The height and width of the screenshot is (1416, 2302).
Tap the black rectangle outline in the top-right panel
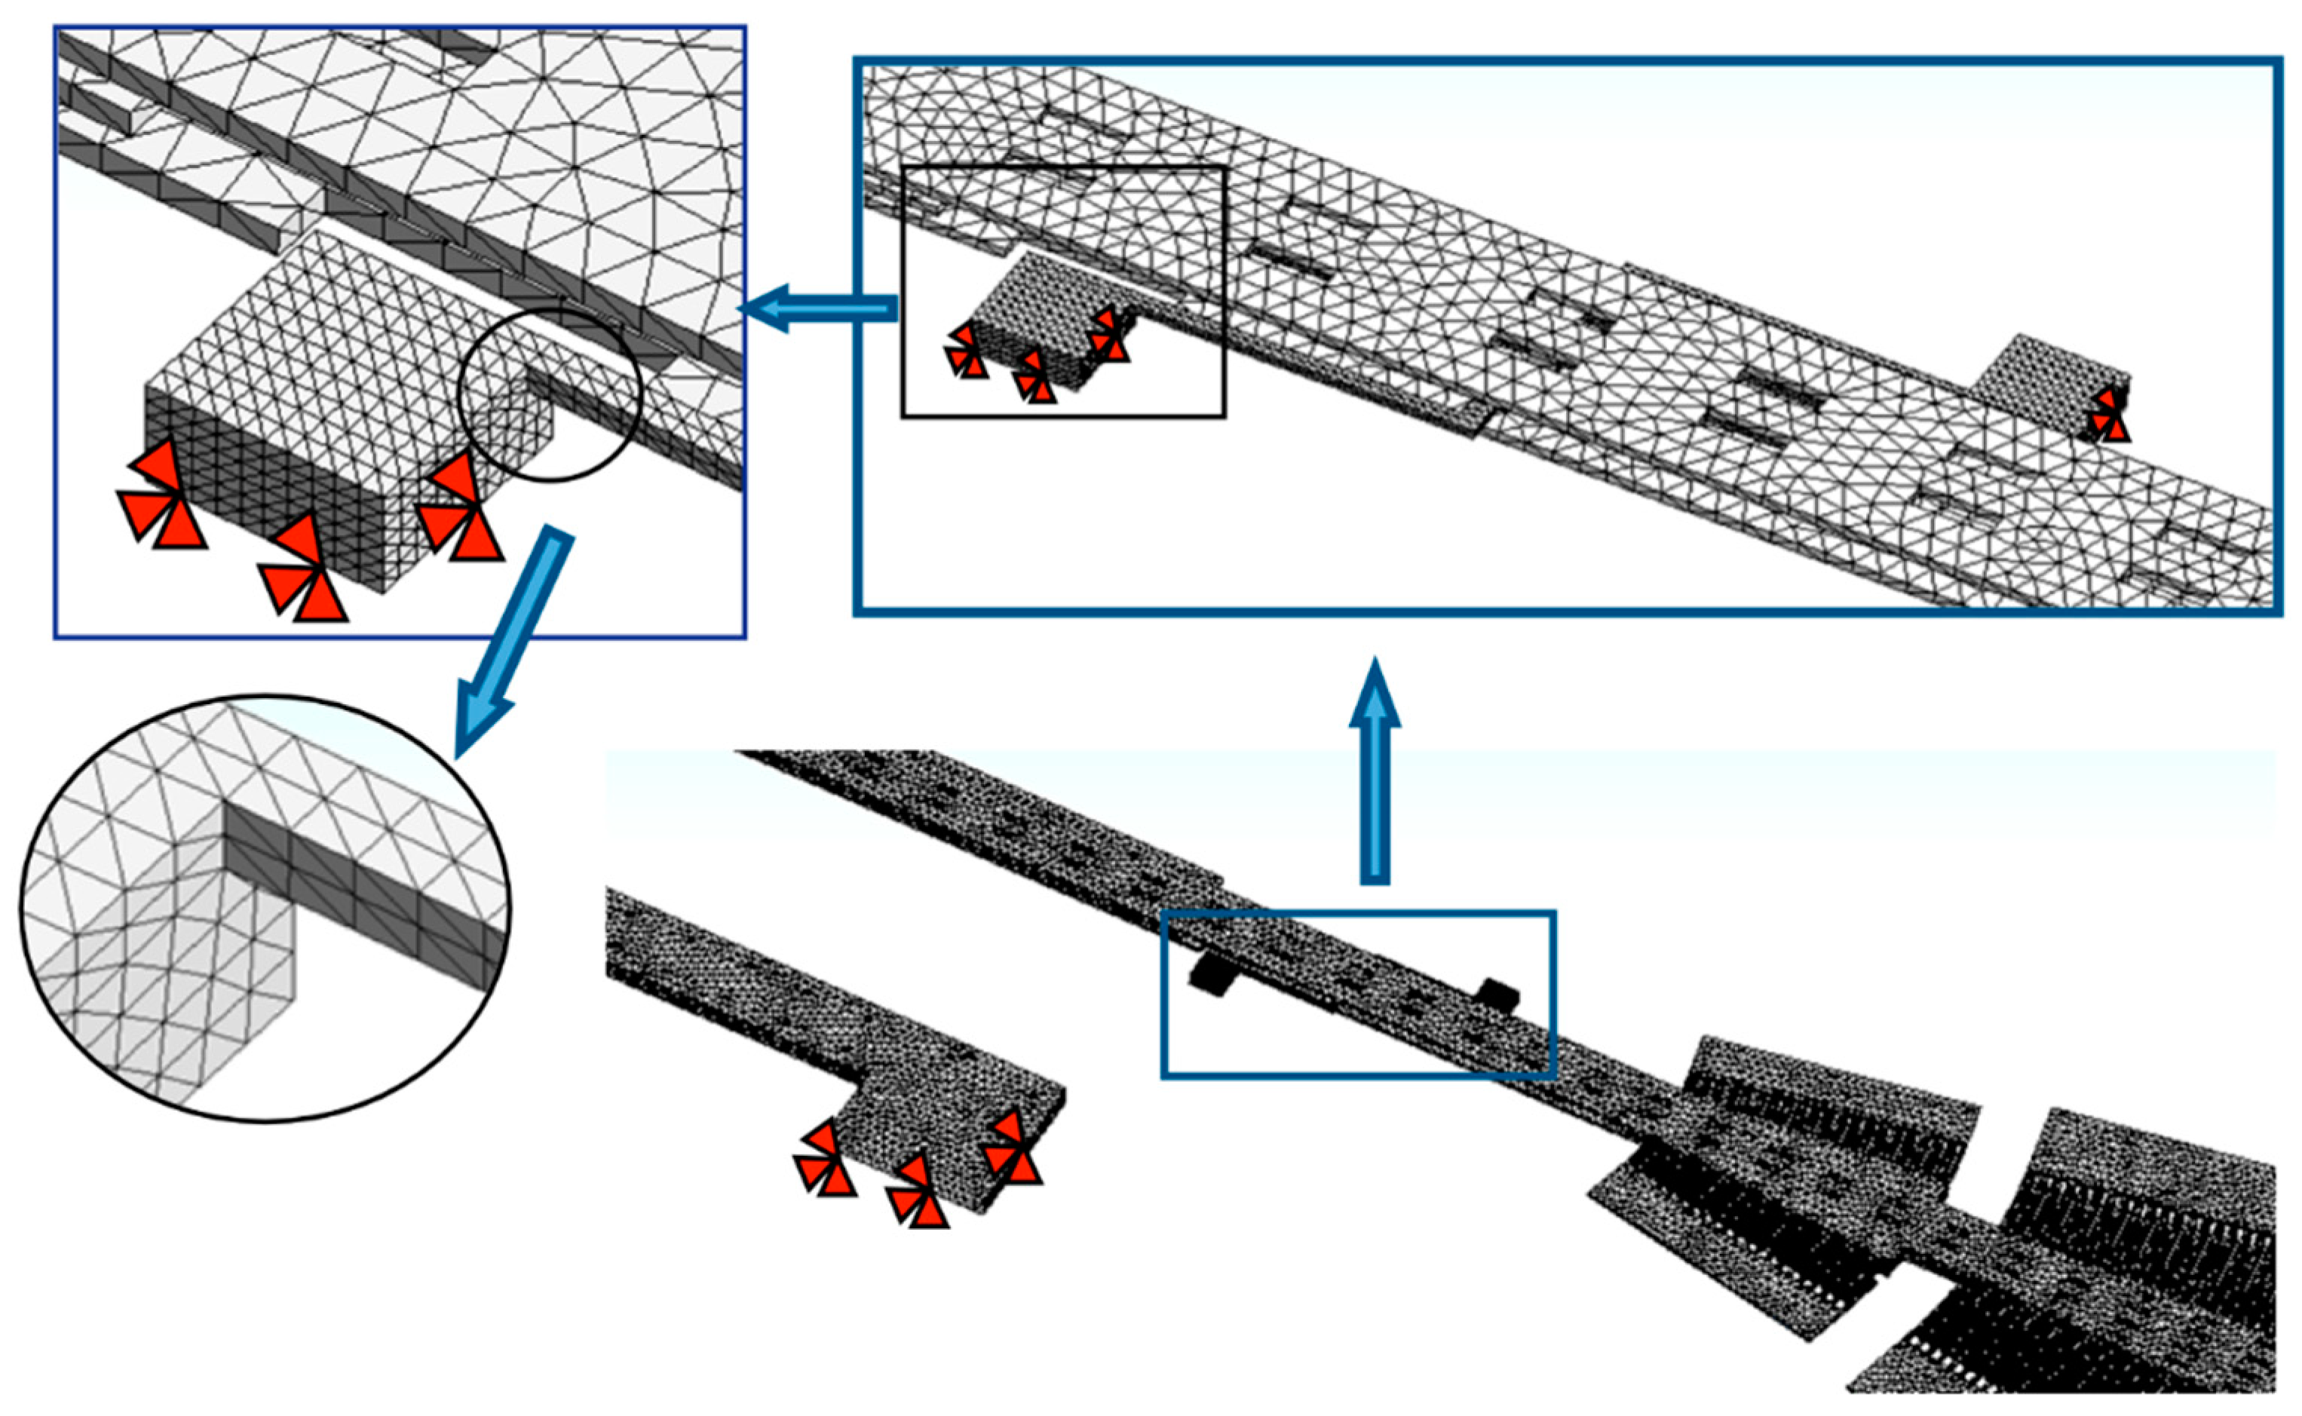coord(1063,169)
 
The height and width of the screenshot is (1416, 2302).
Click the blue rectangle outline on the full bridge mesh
coord(1358,912)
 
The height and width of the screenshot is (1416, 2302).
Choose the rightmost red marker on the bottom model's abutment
coord(1011,1149)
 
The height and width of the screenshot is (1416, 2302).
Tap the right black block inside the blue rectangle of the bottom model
coord(1497,994)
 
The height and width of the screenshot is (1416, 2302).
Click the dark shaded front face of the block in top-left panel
coord(262,487)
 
